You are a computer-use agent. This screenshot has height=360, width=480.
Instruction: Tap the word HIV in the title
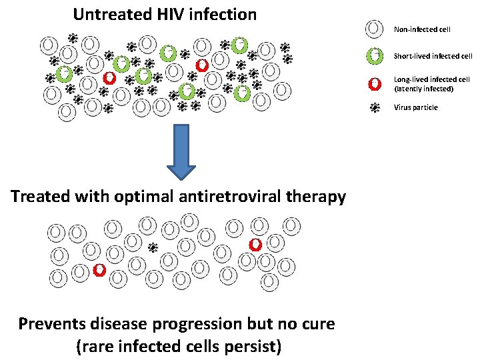(169, 14)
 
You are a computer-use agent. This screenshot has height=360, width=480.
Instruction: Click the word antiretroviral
(230, 197)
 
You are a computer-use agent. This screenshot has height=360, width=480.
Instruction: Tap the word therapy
(316, 197)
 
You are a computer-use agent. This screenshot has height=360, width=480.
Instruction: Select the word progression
(206, 325)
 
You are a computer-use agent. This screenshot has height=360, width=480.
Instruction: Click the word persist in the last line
(256, 346)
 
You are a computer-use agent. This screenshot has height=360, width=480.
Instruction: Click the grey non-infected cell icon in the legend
(375, 29)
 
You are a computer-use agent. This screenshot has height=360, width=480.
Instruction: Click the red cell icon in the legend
(375, 83)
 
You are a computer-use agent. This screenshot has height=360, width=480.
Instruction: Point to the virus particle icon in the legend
(375, 107)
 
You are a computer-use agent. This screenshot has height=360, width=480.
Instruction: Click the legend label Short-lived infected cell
(433, 56)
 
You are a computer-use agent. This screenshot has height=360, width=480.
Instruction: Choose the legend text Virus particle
(416, 107)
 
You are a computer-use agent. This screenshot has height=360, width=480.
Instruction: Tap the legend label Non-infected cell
(422, 29)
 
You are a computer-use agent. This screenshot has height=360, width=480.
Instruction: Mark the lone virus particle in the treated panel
(153, 247)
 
